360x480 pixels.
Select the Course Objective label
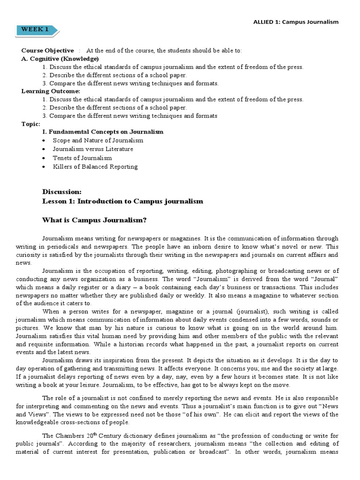tap(47, 51)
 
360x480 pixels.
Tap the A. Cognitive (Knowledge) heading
tap(60, 59)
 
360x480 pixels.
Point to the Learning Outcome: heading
tap(51, 91)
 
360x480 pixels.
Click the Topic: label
tap(31, 124)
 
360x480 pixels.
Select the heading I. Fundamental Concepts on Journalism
tap(103, 132)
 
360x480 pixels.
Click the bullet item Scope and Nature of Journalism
tap(98, 140)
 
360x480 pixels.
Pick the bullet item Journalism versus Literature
tap(93, 149)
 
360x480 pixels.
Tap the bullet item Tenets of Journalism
tap(82, 158)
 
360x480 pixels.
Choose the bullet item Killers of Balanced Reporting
tap(95, 166)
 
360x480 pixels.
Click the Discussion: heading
tap(62, 192)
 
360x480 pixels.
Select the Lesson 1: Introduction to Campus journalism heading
tap(123, 201)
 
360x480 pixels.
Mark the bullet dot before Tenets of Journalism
tap(44, 158)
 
